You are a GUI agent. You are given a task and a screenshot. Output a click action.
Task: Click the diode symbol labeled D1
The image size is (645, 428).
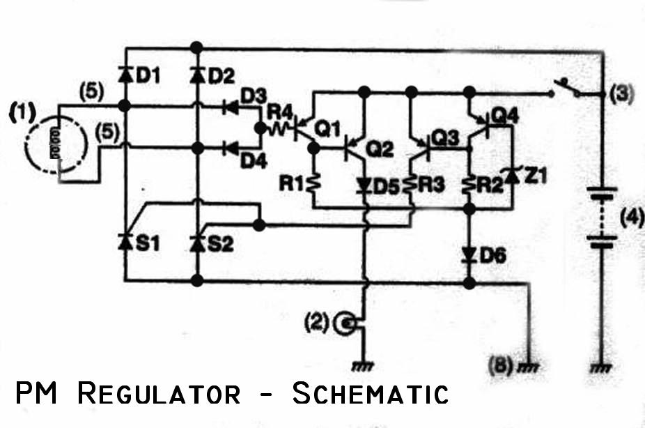point(125,75)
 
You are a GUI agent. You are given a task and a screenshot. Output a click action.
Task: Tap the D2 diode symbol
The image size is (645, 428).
point(197,75)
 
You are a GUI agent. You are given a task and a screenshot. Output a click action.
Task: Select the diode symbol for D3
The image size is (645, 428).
point(230,107)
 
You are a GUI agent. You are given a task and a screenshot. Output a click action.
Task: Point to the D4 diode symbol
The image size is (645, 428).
point(230,148)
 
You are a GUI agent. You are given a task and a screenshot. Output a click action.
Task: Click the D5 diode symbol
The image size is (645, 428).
point(364,185)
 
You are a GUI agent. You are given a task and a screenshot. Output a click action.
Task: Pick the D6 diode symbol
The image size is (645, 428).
point(469,254)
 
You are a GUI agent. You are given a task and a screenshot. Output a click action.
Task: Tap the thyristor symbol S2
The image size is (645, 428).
point(198,243)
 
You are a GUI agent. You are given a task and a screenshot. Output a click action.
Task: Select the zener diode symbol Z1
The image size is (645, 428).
point(512,176)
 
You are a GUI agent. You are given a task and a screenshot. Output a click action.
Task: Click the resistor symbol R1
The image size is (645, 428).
point(313,183)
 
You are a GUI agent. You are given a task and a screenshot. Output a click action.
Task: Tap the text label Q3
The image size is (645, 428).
point(445,138)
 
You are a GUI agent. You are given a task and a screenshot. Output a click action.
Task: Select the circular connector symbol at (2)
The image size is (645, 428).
point(345,323)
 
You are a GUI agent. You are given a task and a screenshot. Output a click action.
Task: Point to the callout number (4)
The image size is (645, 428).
point(632,217)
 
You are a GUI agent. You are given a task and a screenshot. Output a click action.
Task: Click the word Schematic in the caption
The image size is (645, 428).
point(371,393)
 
